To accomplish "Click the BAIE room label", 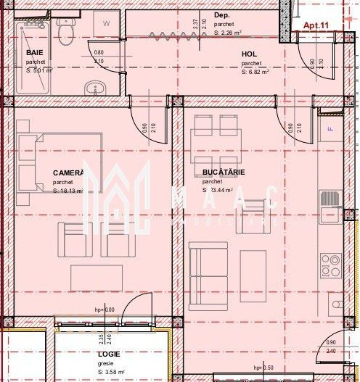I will pos(33,53).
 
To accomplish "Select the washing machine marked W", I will pos(106,25).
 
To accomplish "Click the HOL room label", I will pos(249,54).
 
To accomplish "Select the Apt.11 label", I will pos(316,25).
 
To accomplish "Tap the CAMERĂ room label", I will pos(68,173).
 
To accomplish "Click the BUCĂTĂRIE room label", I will pos(224,173).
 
